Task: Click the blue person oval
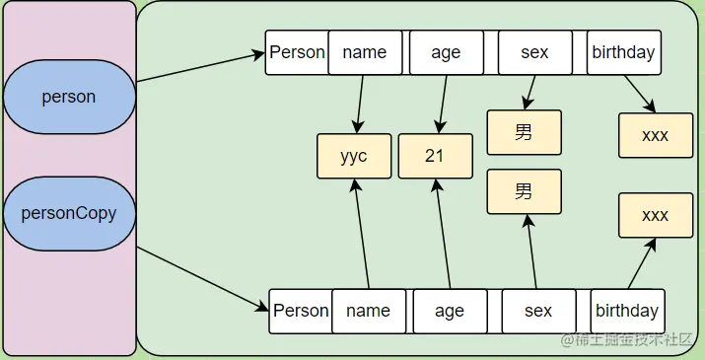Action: coord(68,97)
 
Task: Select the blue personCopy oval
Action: coord(68,212)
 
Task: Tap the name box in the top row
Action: coord(365,52)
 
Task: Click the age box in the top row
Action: coord(446,52)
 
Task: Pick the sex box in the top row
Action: coord(534,52)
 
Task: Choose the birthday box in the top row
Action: coord(623,52)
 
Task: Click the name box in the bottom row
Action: coord(369,311)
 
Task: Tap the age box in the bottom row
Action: coord(450,311)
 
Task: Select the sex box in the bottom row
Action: coord(538,311)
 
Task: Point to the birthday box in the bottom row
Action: coord(627,311)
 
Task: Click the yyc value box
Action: coord(354,156)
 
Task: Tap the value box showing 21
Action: coord(435,156)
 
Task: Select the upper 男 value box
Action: coord(524,132)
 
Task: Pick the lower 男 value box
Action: coord(524,191)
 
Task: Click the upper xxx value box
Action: coord(655,135)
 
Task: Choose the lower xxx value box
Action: coord(655,215)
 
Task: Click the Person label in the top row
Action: coord(297,52)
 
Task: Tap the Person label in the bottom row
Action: coord(301,311)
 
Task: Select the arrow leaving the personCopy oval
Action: coord(202,277)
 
